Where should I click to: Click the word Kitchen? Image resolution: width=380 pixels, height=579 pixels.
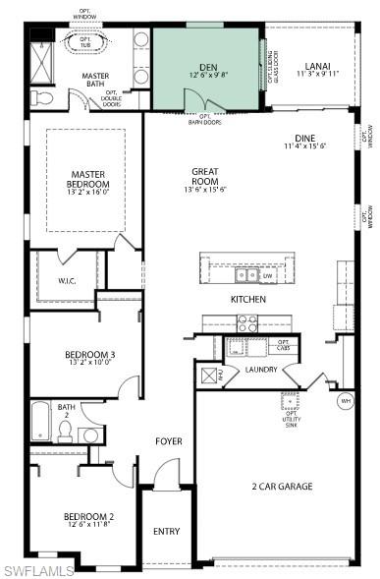point(248,298)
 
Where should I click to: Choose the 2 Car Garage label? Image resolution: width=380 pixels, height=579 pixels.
point(282,486)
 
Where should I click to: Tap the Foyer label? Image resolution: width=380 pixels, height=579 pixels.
point(169,441)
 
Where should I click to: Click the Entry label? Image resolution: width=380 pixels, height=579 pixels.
point(167,532)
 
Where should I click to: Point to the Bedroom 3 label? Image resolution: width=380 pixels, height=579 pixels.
point(90,357)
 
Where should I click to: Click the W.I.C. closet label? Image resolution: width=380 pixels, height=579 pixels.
point(67,280)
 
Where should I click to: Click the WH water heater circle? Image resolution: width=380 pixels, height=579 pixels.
point(346,400)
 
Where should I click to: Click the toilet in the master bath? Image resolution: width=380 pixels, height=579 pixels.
point(40,99)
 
